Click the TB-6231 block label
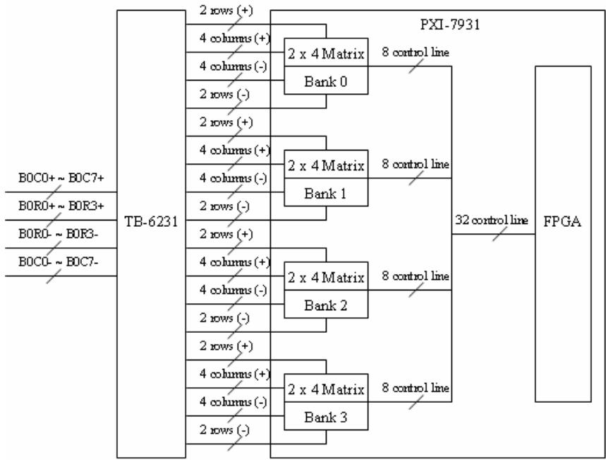click(151, 222)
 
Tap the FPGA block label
click(562, 221)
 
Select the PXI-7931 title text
click(450, 25)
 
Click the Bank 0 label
click(326, 81)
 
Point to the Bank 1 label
click(326, 193)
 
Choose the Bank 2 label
click(326, 305)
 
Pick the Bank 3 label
click(326, 417)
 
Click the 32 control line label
click(491, 220)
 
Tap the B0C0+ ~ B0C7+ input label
click(61, 178)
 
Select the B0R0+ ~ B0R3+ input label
click(61, 206)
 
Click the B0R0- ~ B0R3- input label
click(59, 235)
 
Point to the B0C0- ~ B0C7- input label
click(59, 262)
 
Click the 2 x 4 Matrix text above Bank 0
click(326, 54)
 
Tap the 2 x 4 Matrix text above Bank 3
click(326, 389)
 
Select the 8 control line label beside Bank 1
click(416, 164)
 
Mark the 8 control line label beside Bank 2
click(416, 276)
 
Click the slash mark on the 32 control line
click(499, 234)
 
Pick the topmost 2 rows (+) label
click(226, 11)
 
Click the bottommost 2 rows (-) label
click(224, 430)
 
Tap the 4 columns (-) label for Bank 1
click(233, 178)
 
